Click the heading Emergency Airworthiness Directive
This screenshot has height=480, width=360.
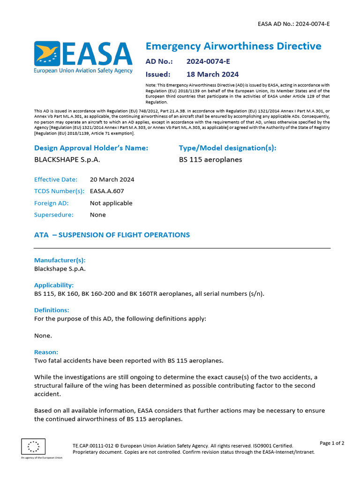coord(233,46)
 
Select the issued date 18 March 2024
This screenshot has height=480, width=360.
coord(212,74)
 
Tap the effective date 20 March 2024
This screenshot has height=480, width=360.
coord(112,180)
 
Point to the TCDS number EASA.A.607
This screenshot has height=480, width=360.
coord(107,191)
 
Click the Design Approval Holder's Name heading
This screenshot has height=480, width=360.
coord(91,148)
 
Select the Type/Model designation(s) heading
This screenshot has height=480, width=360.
coord(227,148)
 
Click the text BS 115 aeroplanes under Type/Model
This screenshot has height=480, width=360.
coord(210,159)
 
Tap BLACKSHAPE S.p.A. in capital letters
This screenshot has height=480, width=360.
coord(67,159)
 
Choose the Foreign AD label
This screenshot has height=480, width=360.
coord(52,203)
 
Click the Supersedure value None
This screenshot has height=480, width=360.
coord(98,215)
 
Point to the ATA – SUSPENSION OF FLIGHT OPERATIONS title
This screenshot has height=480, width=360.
coord(112,235)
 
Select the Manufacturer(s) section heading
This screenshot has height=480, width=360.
coord(60,260)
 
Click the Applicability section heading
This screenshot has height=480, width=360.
coord(54,285)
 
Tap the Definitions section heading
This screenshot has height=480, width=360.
coord(52,310)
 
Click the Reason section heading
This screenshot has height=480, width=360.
coord(46,352)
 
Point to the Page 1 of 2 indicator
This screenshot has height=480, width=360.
coord(332,443)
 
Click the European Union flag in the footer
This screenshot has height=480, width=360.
coord(33,446)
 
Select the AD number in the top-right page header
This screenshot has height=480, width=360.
coord(294,23)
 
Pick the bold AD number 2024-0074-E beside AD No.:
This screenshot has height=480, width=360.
coord(208,61)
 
